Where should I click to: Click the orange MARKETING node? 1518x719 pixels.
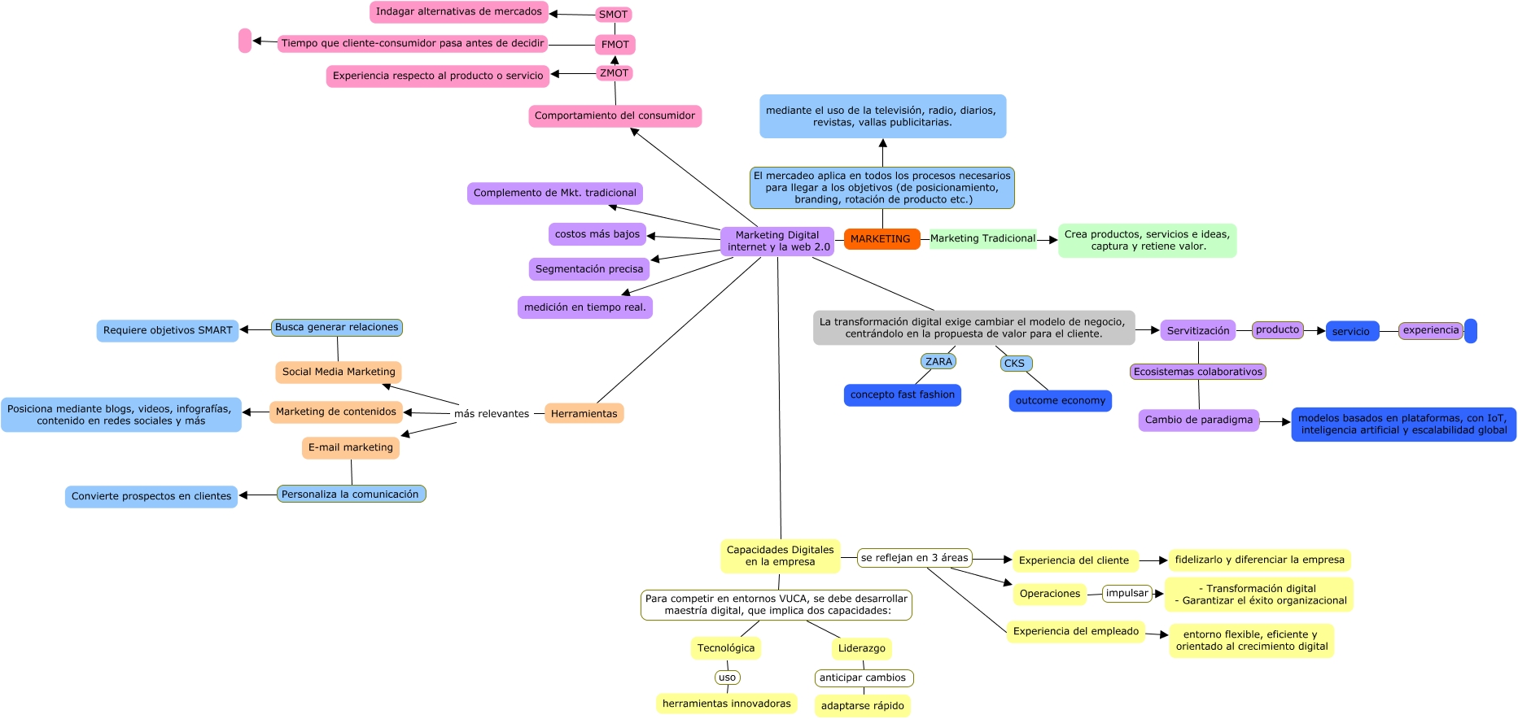[881, 239]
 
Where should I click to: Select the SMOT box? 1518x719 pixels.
[614, 15]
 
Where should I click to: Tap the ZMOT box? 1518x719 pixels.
[615, 73]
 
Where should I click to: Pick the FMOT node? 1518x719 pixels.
[615, 45]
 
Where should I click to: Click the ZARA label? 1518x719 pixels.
[938, 361]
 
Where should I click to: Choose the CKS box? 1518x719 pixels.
[1015, 364]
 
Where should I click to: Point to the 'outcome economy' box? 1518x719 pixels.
[1060, 401]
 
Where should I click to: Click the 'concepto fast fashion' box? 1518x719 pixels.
[902, 395]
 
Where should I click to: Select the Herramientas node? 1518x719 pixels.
[584, 414]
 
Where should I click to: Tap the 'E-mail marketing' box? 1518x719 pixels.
[350, 447]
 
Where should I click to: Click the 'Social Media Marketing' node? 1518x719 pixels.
[339, 372]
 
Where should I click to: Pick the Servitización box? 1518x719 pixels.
[1197, 331]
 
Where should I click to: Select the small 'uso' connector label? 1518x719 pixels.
[728, 678]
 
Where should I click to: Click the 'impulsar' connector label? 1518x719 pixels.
[1126, 594]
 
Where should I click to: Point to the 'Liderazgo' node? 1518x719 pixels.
[861, 648]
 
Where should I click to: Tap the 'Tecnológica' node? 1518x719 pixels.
[725, 648]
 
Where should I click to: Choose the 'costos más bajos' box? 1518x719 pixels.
[597, 234]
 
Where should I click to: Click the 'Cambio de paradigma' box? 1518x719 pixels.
[1198, 421]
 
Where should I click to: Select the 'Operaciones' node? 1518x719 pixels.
[1049, 594]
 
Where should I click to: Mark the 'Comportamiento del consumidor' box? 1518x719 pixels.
[615, 116]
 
